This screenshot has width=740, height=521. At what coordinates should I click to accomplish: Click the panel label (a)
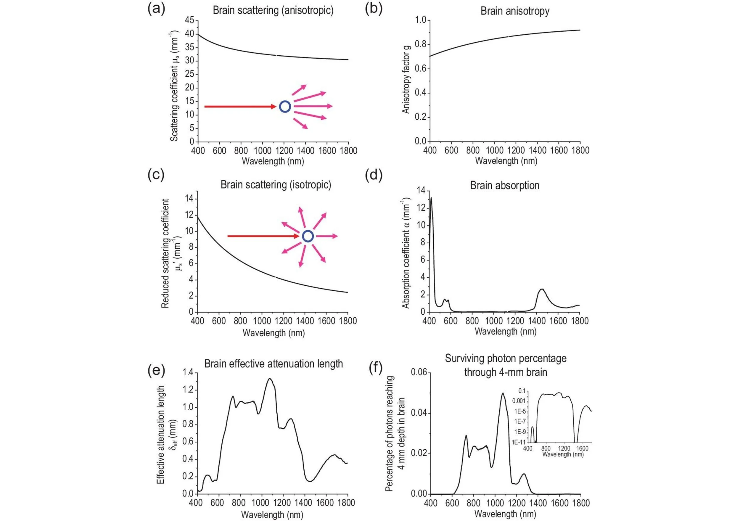point(156,9)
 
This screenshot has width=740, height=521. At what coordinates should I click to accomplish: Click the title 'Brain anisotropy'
point(515,11)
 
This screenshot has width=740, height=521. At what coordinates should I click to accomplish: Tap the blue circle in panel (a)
point(285,106)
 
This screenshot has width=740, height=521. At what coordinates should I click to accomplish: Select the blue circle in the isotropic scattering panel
point(308,236)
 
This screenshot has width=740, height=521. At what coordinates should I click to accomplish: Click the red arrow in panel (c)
point(263,236)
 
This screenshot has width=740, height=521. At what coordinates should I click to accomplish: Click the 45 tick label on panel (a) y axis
point(189,20)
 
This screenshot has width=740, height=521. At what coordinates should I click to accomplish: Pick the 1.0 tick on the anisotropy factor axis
point(420,20)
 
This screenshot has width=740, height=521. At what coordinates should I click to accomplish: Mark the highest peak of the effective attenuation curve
point(270,379)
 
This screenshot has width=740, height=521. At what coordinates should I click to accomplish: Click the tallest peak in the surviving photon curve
point(503,393)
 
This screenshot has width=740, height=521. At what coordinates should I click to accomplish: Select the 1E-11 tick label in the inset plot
point(519,442)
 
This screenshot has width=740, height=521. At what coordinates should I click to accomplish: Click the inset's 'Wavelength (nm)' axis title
point(563,454)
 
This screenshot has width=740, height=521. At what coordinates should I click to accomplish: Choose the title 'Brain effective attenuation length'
point(273,364)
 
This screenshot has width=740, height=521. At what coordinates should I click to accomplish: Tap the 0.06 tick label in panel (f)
point(419,372)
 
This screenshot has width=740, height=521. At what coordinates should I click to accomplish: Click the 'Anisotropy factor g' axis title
point(406,79)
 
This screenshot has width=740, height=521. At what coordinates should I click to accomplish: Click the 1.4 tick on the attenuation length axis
point(188,372)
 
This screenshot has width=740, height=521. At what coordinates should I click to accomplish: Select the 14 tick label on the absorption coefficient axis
point(421,190)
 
